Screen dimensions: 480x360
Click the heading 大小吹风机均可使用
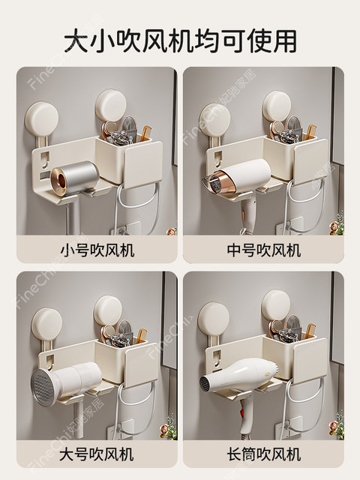point(180,38)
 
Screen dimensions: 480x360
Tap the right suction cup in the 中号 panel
point(277,106)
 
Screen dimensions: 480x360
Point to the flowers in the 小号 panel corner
point(171,231)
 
